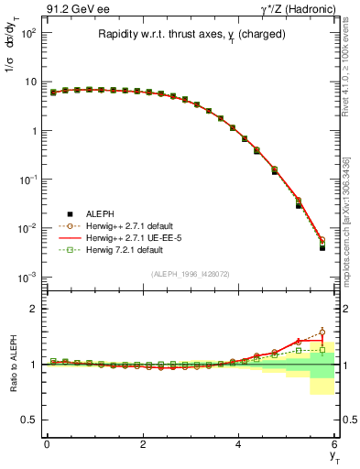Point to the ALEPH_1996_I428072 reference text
[189, 275]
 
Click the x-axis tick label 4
[238, 444]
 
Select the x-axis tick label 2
[143, 444]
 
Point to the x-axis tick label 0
[47, 444]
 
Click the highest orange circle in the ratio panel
[322, 333]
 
